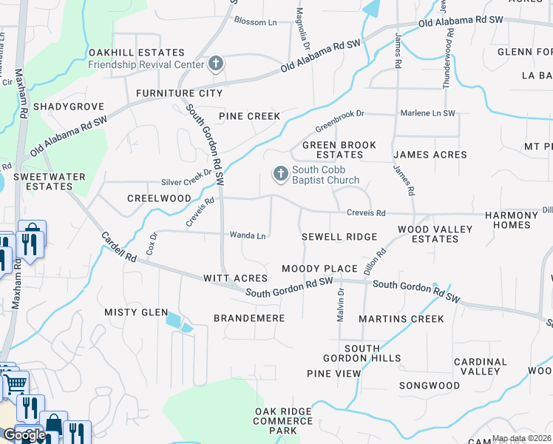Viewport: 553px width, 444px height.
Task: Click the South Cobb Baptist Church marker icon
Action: tap(280, 174)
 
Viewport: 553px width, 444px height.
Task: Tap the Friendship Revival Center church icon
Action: tap(215, 64)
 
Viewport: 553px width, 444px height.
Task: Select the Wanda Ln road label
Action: tap(248, 236)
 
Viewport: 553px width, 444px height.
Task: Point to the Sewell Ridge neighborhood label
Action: tap(339, 237)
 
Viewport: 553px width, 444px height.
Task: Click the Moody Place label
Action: tap(319, 268)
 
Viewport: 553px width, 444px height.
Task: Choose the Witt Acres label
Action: tap(235, 278)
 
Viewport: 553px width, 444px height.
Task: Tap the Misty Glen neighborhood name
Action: tap(136, 312)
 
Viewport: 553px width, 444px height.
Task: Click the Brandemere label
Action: tap(249, 318)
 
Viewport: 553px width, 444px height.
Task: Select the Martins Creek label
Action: tap(401, 319)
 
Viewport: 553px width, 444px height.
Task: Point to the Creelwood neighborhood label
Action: tap(159, 198)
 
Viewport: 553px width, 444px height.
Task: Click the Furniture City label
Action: tap(179, 93)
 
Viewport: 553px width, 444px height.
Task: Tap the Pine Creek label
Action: tap(249, 116)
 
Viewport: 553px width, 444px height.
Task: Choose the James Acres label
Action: tap(430, 155)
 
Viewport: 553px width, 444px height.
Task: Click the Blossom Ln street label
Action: tap(255, 22)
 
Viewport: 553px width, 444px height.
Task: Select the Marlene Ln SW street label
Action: tap(427, 113)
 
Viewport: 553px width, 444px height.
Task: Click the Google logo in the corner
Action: tap(24, 435)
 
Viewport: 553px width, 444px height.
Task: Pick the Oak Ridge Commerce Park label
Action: tap(285, 420)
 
